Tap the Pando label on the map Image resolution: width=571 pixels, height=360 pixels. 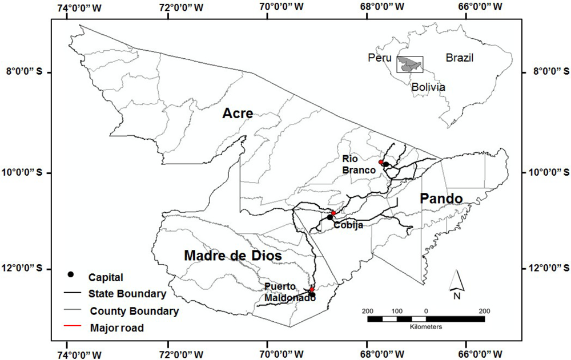pos(441,198)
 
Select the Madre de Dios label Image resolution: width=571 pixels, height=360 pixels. pos(233,257)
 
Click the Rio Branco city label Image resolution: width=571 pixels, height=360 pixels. pos(359,164)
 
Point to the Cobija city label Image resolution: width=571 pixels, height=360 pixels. pos(348,225)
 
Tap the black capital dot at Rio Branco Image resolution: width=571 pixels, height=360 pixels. pos(386,165)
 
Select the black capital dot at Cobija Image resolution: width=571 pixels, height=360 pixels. pos(330,217)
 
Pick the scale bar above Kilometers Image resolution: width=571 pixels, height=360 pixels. pos(426,319)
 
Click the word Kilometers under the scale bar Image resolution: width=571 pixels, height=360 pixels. pos(426,327)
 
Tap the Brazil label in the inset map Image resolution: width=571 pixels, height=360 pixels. pos(460,58)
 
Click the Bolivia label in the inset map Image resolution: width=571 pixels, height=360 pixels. pos(428,87)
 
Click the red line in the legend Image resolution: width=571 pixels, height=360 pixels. pos(71,328)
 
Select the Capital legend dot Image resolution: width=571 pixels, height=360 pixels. pos(71,274)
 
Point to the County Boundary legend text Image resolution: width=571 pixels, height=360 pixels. pos(134,312)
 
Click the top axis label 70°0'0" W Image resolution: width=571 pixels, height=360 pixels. pos(268,7)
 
